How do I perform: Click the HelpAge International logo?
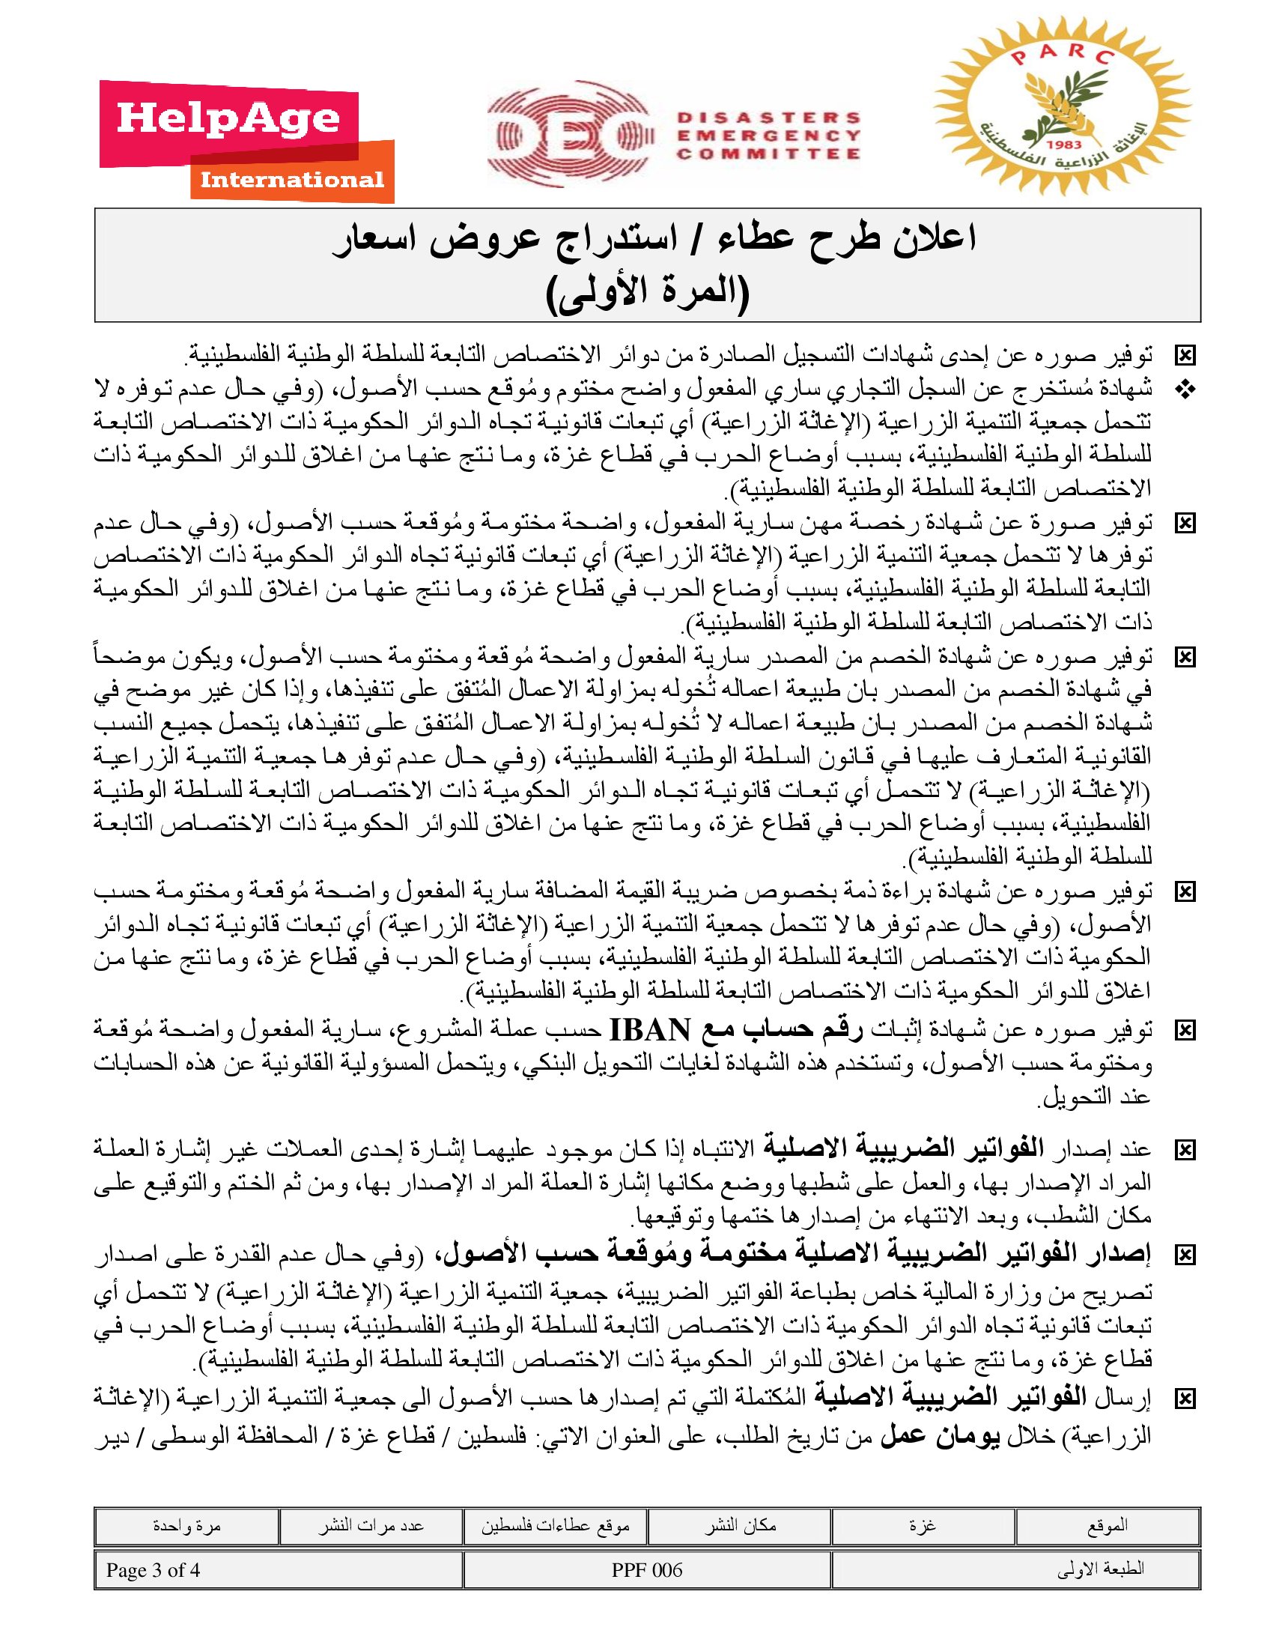click(246, 142)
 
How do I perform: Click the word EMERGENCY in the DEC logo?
click(768, 136)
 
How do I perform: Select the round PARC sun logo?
click(1063, 112)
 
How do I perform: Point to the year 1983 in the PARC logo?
click(1064, 144)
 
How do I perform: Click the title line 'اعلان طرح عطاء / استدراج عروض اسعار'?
click(654, 240)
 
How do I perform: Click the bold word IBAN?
click(649, 1029)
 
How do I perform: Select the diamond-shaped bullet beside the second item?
click(1185, 390)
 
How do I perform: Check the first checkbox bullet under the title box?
click(1185, 354)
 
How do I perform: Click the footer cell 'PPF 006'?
click(647, 1570)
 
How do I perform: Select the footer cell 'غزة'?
click(923, 1526)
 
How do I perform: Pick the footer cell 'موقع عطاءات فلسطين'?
click(556, 1526)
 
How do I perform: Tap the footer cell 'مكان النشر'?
click(740, 1526)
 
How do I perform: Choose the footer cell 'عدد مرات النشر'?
click(370, 1526)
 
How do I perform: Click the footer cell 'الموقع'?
click(1107, 1526)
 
